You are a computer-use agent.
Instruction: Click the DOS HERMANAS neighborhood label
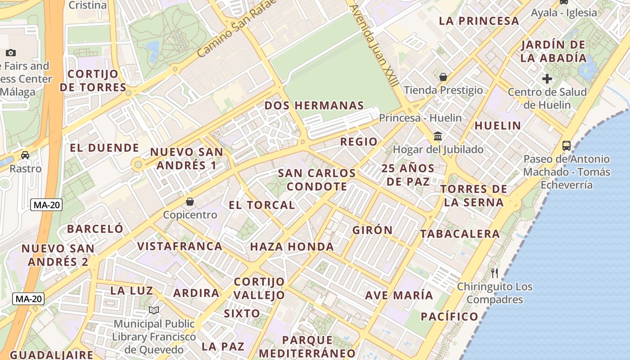314,106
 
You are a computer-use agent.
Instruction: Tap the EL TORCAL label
261,205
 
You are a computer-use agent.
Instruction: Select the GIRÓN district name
373,230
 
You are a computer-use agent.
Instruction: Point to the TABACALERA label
460,234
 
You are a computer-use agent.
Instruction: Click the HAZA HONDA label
292,247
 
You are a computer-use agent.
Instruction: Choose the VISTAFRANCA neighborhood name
180,246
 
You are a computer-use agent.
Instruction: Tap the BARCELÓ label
95,229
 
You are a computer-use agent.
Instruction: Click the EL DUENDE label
104,148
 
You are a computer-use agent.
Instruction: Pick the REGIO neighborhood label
359,142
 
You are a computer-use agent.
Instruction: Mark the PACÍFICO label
450,316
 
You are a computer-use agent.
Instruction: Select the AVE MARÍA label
399,296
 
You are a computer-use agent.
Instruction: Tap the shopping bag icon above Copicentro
190,202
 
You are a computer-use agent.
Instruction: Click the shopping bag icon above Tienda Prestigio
443,77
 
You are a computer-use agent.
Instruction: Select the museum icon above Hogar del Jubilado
437,136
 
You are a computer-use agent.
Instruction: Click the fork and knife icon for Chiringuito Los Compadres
495,273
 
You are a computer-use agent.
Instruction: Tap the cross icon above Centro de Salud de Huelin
547,79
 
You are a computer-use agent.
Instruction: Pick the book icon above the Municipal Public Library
154,310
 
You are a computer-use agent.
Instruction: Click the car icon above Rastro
25,155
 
